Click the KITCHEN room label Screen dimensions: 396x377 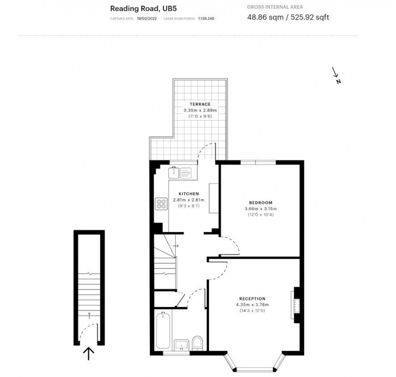pyautogui.click(x=189, y=194)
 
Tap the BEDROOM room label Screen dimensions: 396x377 pyautogui.click(x=261, y=202)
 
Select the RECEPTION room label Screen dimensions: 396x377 pyautogui.click(x=252, y=299)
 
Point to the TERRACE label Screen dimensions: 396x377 pyautogui.click(x=200, y=104)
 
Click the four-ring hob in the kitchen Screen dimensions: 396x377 pyautogui.click(x=161, y=204)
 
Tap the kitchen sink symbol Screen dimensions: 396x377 pyautogui.click(x=180, y=173)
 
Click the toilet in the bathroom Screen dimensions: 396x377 pyautogui.click(x=198, y=343)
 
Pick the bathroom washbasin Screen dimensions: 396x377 pyautogui.click(x=181, y=345)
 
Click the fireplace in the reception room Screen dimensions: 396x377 pyautogui.click(x=295, y=305)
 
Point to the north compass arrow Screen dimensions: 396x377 pyautogui.click(x=335, y=72)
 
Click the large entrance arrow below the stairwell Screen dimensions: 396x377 pyautogui.click(x=88, y=353)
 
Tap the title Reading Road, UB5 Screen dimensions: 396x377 pyautogui.click(x=143, y=8)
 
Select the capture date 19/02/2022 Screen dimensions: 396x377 pyautogui.click(x=147, y=19)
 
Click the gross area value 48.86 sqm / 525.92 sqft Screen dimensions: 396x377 pyautogui.click(x=288, y=17)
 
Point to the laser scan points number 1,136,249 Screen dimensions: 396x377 pyautogui.click(x=206, y=19)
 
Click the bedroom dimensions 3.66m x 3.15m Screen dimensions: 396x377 pyautogui.click(x=261, y=209)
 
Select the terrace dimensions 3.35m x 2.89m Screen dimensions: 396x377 pyautogui.click(x=200, y=110)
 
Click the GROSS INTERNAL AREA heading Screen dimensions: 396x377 pyautogui.click(x=275, y=7)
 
